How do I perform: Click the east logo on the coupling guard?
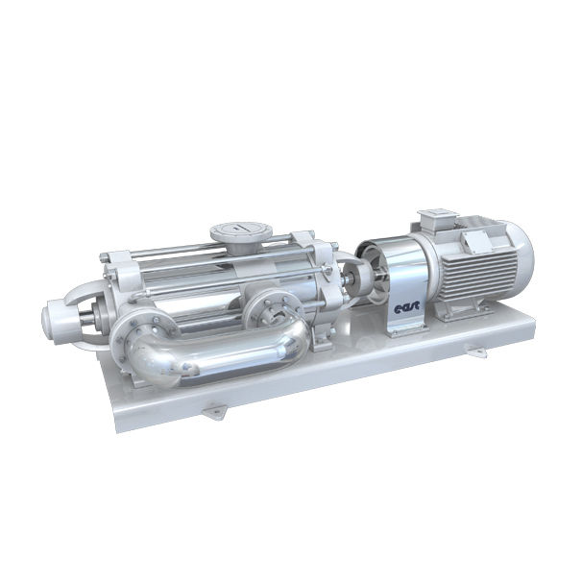(406, 308)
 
